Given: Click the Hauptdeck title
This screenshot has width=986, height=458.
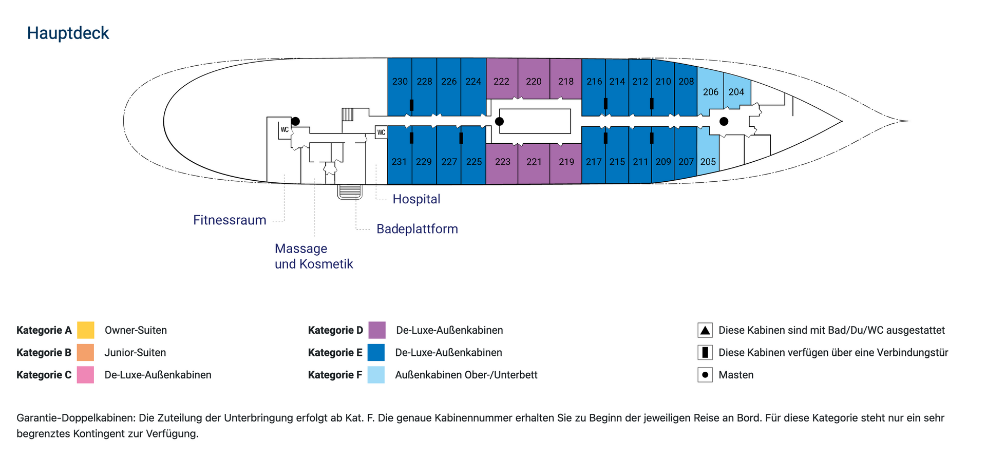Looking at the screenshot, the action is click(68, 33).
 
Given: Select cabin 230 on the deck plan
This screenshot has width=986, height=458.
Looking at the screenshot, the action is click(400, 86).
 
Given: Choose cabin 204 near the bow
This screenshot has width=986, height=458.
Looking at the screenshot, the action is click(737, 90).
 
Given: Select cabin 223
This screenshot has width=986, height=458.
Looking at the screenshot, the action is click(502, 163).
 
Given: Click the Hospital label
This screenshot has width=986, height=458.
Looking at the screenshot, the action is click(416, 199).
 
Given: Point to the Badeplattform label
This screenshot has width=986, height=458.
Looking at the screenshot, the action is click(417, 229).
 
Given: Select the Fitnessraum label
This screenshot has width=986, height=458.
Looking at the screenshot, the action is click(230, 220).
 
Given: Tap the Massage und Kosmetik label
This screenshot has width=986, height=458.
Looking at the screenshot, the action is click(314, 256).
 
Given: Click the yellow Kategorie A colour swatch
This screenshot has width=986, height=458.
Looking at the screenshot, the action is click(86, 330).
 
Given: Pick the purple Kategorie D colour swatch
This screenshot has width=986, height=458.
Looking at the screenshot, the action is click(377, 330).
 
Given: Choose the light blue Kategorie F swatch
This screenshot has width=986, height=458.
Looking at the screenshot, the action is click(376, 375).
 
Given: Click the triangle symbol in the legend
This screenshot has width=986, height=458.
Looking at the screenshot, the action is click(705, 330).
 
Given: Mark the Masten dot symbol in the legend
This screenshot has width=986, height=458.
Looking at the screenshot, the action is click(705, 375).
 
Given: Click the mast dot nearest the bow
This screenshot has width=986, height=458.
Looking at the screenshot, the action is click(724, 122).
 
